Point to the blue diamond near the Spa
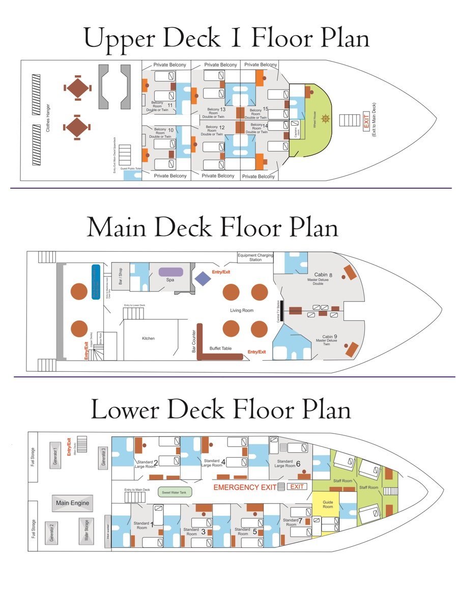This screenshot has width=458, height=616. (x=202, y=278)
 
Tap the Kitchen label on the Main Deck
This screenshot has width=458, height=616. (x=148, y=338)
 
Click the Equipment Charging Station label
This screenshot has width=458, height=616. (x=255, y=257)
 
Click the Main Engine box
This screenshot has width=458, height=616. (x=73, y=503)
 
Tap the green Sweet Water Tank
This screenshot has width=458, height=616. (x=174, y=492)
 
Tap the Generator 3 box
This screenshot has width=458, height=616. (x=103, y=456)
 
